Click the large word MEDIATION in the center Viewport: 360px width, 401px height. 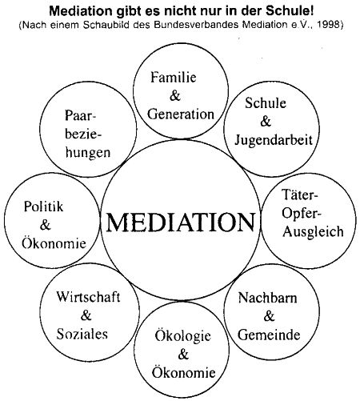181,222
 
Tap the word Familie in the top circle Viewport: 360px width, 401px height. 174,78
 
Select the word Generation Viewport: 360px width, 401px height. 181,114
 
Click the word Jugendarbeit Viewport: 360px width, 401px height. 274,140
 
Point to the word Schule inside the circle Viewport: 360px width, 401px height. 266,103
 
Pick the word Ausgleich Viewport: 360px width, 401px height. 313,231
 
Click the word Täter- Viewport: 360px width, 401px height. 300,195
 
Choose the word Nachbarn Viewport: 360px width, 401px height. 267,298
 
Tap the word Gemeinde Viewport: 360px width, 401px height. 269,335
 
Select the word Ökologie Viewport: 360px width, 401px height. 183,336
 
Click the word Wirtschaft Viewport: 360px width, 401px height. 88,297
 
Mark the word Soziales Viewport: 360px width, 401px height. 82,334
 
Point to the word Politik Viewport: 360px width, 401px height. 43,207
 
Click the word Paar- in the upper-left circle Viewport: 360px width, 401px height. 80,116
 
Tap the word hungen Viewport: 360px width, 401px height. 88,153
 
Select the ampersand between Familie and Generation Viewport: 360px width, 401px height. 175,96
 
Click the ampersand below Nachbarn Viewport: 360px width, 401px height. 269,316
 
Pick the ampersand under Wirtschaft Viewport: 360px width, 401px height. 86,315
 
